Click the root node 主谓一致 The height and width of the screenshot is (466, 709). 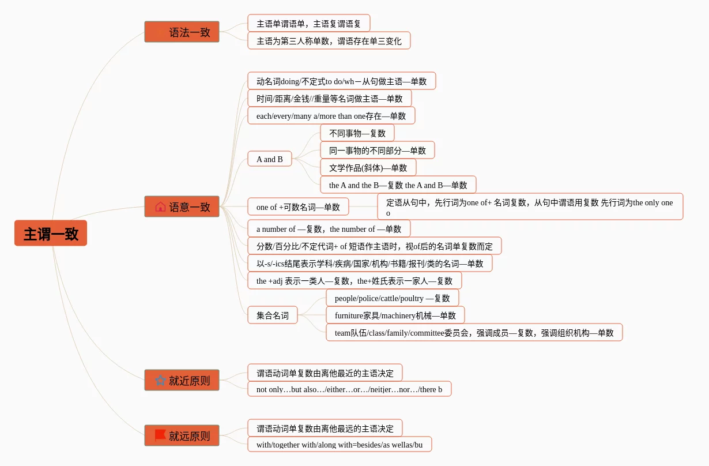51,234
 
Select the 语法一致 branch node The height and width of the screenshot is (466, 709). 182,32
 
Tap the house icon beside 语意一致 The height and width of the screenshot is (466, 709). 160,206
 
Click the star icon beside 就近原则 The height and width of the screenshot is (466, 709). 160,381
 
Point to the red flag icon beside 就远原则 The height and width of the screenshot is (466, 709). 160,435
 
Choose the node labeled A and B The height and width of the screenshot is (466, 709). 269,159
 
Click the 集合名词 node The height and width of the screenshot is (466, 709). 272,315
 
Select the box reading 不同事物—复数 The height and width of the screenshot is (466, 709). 357,133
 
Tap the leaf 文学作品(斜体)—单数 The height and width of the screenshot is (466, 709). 368,167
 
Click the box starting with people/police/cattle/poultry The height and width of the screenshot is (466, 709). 392,298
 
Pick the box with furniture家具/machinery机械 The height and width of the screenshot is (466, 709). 395,315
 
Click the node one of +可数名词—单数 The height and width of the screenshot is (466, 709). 298,206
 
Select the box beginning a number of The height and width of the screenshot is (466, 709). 329,228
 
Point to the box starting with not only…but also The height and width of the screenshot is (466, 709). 349,389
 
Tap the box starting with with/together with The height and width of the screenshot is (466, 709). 340,444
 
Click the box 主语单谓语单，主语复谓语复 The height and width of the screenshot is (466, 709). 308,24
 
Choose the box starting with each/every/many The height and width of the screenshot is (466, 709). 331,115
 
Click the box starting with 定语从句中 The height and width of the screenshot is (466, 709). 530,206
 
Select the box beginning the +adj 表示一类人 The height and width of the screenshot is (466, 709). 354,280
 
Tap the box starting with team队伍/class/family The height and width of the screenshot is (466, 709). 474,332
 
